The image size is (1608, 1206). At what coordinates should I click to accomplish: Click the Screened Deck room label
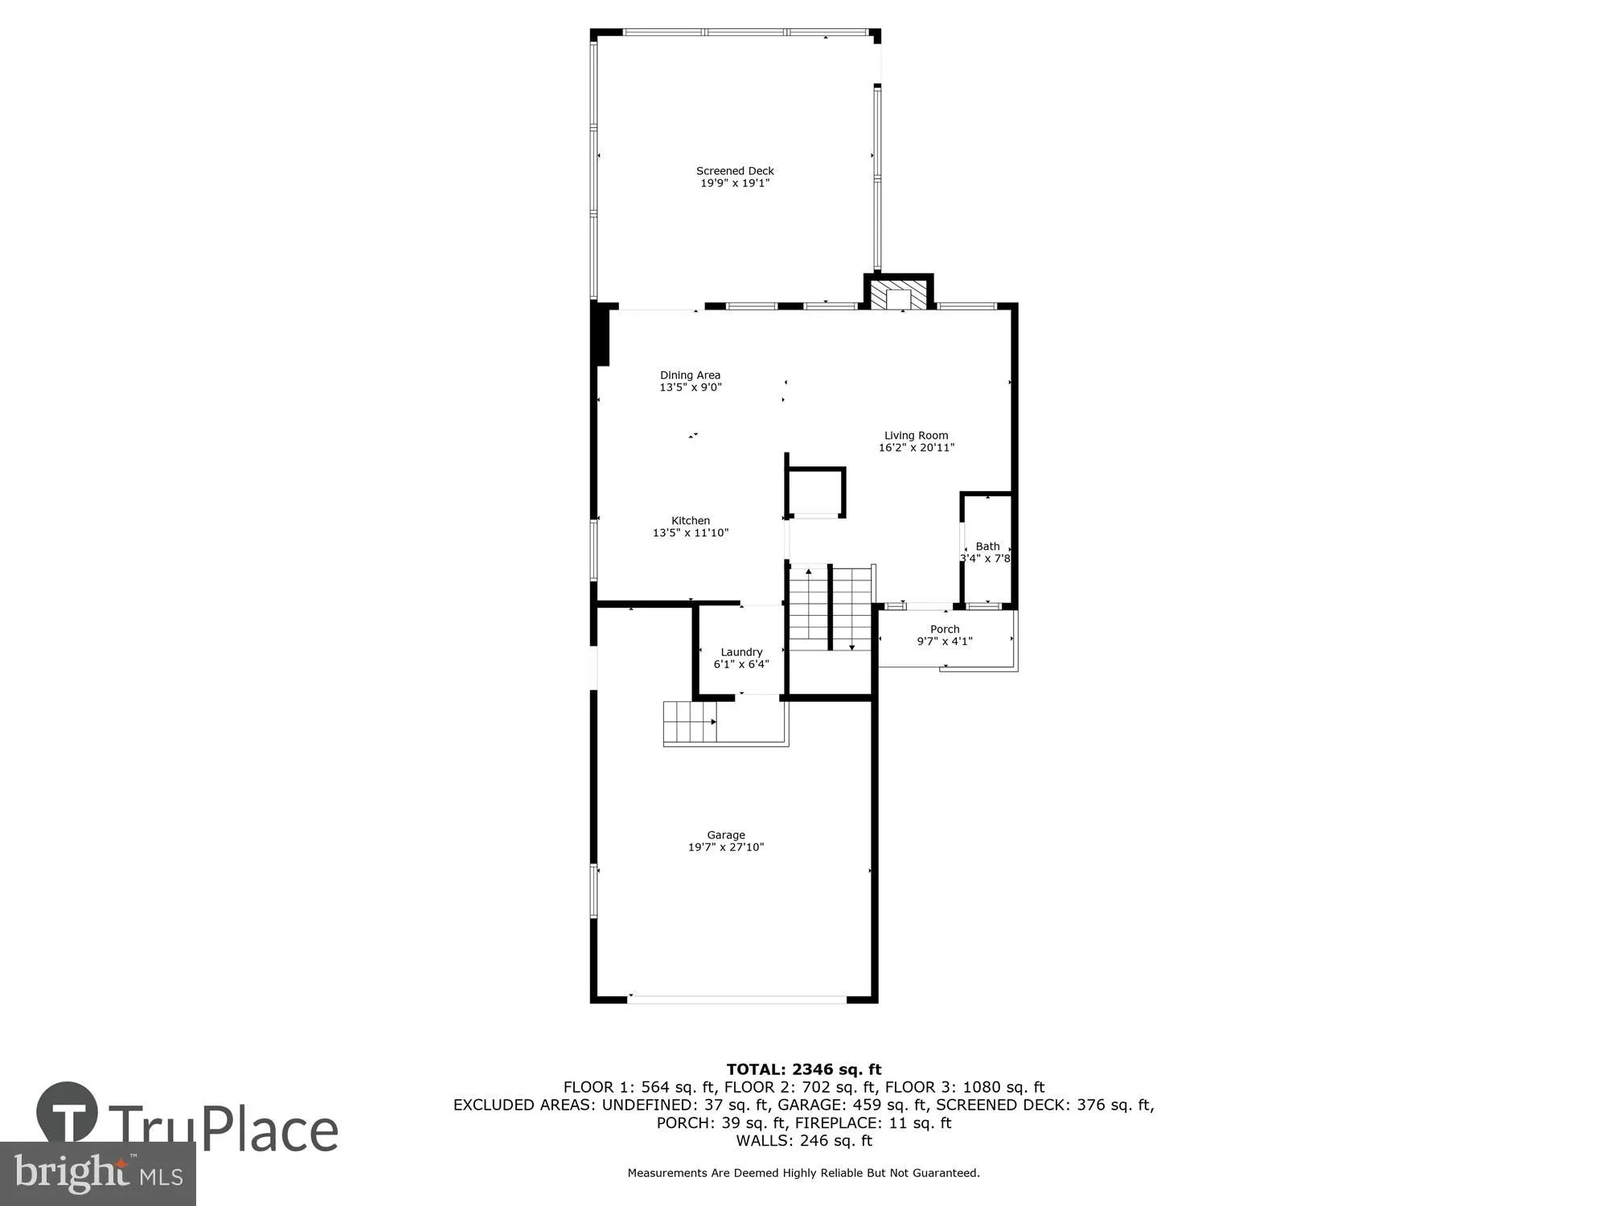(735, 170)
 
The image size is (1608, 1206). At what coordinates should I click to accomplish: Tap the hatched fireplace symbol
(898, 295)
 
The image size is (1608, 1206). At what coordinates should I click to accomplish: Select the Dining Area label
(690, 375)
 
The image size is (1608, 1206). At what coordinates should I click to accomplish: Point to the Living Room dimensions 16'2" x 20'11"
(916, 448)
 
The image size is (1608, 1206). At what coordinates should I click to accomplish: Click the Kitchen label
(691, 520)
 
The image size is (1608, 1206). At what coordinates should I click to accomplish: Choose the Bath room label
(987, 546)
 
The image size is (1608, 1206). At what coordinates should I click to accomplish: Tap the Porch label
(945, 629)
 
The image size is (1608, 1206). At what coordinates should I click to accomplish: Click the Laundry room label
(741, 652)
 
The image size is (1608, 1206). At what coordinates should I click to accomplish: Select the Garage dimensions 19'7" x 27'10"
(725, 847)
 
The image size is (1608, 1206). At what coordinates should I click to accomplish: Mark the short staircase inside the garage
(689, 722)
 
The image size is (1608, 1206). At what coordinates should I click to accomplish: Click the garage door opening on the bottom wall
(736, 999)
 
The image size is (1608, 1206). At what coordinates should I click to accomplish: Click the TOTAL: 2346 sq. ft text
(804, 1069)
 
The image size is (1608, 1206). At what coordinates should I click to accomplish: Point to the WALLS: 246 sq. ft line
(804, 1140)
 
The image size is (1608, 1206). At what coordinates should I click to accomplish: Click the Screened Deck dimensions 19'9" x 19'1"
(735, 183)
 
